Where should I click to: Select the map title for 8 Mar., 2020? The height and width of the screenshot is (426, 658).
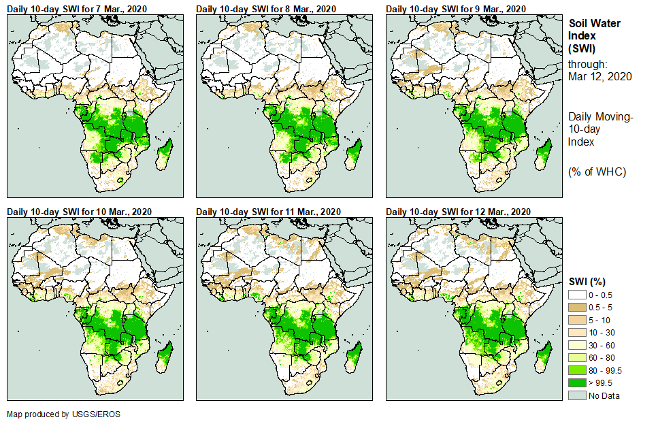click(x=266, y=8)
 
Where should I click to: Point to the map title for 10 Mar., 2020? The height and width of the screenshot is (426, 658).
click(x=80, y=212)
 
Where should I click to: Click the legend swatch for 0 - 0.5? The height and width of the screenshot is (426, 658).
click(x=577, y=294)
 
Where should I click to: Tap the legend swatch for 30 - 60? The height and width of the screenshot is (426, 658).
click(x=577, y=345)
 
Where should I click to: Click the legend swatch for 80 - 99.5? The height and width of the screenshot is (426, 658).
click(x=577, y=370)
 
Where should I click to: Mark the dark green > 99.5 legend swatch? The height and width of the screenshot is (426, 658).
click(x=577, y=383)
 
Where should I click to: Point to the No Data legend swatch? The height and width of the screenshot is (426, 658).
click(x=577, y=395)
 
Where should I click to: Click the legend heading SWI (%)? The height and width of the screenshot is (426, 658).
click(x=587, y=281)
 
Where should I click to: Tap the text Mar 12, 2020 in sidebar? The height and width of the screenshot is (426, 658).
click(x=600, y=76)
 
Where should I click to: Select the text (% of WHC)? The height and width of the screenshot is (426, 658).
click(x=597, y=171)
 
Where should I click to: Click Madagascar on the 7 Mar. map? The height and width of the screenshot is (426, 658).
click(x=164, y=155)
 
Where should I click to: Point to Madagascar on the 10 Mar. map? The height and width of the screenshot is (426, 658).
click(x=164, y=359)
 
